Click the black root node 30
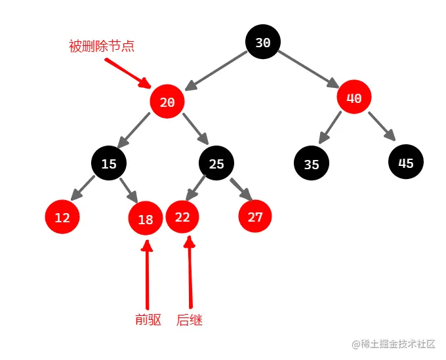pos(263,43)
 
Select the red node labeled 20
pos(167,102)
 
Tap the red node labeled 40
pos(354,98)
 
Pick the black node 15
pos(109,163)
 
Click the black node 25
pos(216,163)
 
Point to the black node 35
pos(312,164)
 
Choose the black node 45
pos(406,163)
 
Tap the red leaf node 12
pos(62,217)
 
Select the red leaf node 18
pos(146,219)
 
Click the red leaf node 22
pos(182,216)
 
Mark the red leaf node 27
pos(255,216)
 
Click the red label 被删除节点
pos(102,47)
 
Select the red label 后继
pos(190,320)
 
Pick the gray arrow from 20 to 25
pos(195,129)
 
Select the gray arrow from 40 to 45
pos(381,127)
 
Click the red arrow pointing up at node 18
pos(147,275)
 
